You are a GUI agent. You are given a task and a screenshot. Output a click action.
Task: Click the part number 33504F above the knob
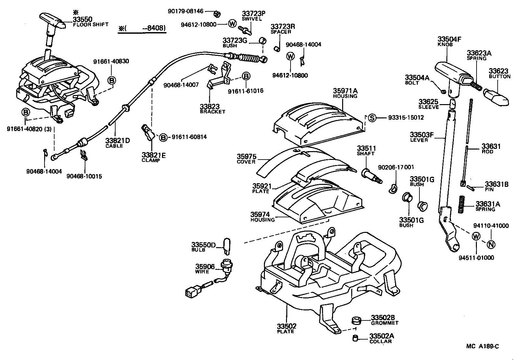(x=449, y=39)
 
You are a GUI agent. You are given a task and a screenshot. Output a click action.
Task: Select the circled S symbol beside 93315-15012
(x=372, y=118)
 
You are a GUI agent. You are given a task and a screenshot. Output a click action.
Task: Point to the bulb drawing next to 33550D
(x=227, y=246)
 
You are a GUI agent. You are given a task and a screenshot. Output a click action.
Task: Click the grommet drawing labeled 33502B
(x=356, y=321)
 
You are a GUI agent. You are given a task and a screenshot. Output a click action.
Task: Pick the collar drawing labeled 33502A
(x=356, y=339)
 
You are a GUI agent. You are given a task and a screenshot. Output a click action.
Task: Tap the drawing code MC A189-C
(x=482, y=346)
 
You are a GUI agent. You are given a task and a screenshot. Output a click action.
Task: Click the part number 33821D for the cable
(x=117, y=140)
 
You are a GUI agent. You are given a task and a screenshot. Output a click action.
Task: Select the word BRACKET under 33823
(x=212, y=112)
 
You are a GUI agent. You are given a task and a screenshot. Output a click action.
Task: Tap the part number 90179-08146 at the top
(x=185, y=11)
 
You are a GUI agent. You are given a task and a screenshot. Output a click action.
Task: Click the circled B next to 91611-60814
(x=163, y=138)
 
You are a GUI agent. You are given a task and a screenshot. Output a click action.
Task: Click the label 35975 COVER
(x=246, y=159)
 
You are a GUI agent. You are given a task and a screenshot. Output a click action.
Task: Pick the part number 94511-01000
(x=476, y=258)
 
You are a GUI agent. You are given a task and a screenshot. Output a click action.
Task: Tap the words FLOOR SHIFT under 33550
(x=91, y=25)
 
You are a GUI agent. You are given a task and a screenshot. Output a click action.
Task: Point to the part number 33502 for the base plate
(x=286, y=326)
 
